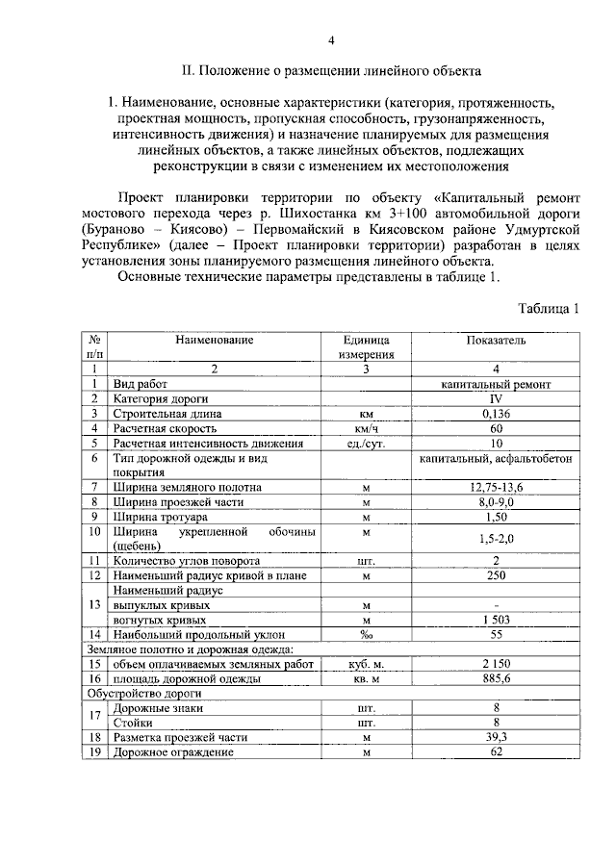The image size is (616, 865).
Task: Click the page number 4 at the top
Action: tap(331, 39)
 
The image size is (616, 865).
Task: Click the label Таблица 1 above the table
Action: tap(548, 309)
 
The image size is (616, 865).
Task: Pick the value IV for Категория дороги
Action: tap(496, 397)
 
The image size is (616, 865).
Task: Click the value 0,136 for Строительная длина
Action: tap(496, 413)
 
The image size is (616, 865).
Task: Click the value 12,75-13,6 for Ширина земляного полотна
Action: tap(496, 488)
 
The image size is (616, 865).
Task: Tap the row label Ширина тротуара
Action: tap(161, 518)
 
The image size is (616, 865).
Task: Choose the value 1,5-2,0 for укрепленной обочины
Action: tap(496, 540)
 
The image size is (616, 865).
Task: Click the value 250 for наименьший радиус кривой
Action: tap(496, 575)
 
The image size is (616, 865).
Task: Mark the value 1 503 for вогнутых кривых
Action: tap(496, 620)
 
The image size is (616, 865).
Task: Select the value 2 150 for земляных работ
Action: tap(496, 664)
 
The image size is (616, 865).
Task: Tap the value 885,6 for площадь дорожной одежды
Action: tap(496, 678)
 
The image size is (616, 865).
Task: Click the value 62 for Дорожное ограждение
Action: tap(496, 751)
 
